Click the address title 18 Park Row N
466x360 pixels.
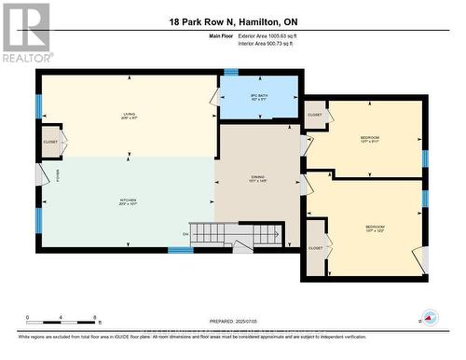(x=232, y=21)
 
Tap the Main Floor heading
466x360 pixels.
(x=223, y=35)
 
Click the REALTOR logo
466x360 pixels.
(x=25, y=32)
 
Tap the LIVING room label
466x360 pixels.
(x=129, y=116)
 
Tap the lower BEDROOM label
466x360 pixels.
(x=375, y=228)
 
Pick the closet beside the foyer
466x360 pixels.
(x=50, y=142)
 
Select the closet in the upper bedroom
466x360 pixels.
(x=315, y=115)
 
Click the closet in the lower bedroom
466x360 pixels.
(x=316, y=247)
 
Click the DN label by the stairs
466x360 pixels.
(x=185, y=233)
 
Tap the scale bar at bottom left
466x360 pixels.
(x=51, y=321)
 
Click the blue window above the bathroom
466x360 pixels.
(x=230, y=71)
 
